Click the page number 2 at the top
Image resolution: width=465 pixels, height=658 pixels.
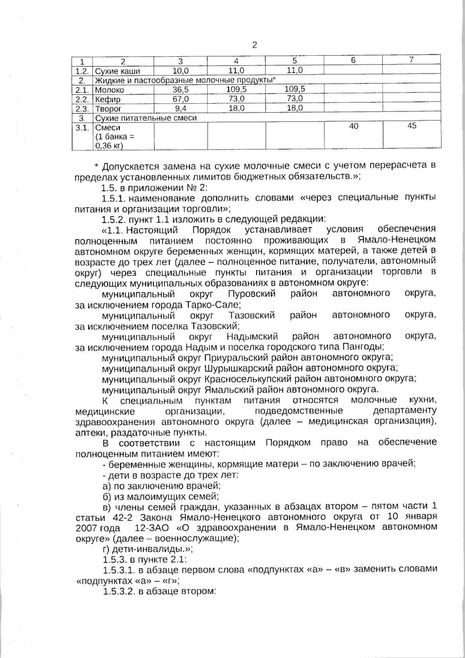255,45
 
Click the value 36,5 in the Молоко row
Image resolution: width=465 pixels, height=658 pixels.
181,90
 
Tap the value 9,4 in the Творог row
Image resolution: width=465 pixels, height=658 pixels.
181,108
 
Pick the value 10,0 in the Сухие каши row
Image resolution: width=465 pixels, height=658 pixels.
181,71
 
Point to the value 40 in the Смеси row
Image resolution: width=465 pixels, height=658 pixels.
353,126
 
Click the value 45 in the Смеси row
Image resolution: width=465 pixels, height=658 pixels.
412,126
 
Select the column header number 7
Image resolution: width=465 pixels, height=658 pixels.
412,60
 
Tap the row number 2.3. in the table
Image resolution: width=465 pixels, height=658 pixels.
82,109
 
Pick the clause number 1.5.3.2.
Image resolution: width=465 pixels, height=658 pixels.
119,592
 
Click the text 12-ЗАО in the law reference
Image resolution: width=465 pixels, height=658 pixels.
152,528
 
